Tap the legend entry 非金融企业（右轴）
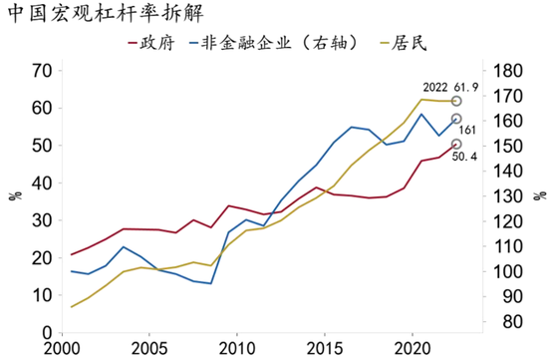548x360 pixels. [288, 45]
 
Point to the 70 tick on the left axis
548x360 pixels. [41, 71]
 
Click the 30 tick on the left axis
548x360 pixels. [41, 220]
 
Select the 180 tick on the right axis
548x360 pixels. [507, 71]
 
